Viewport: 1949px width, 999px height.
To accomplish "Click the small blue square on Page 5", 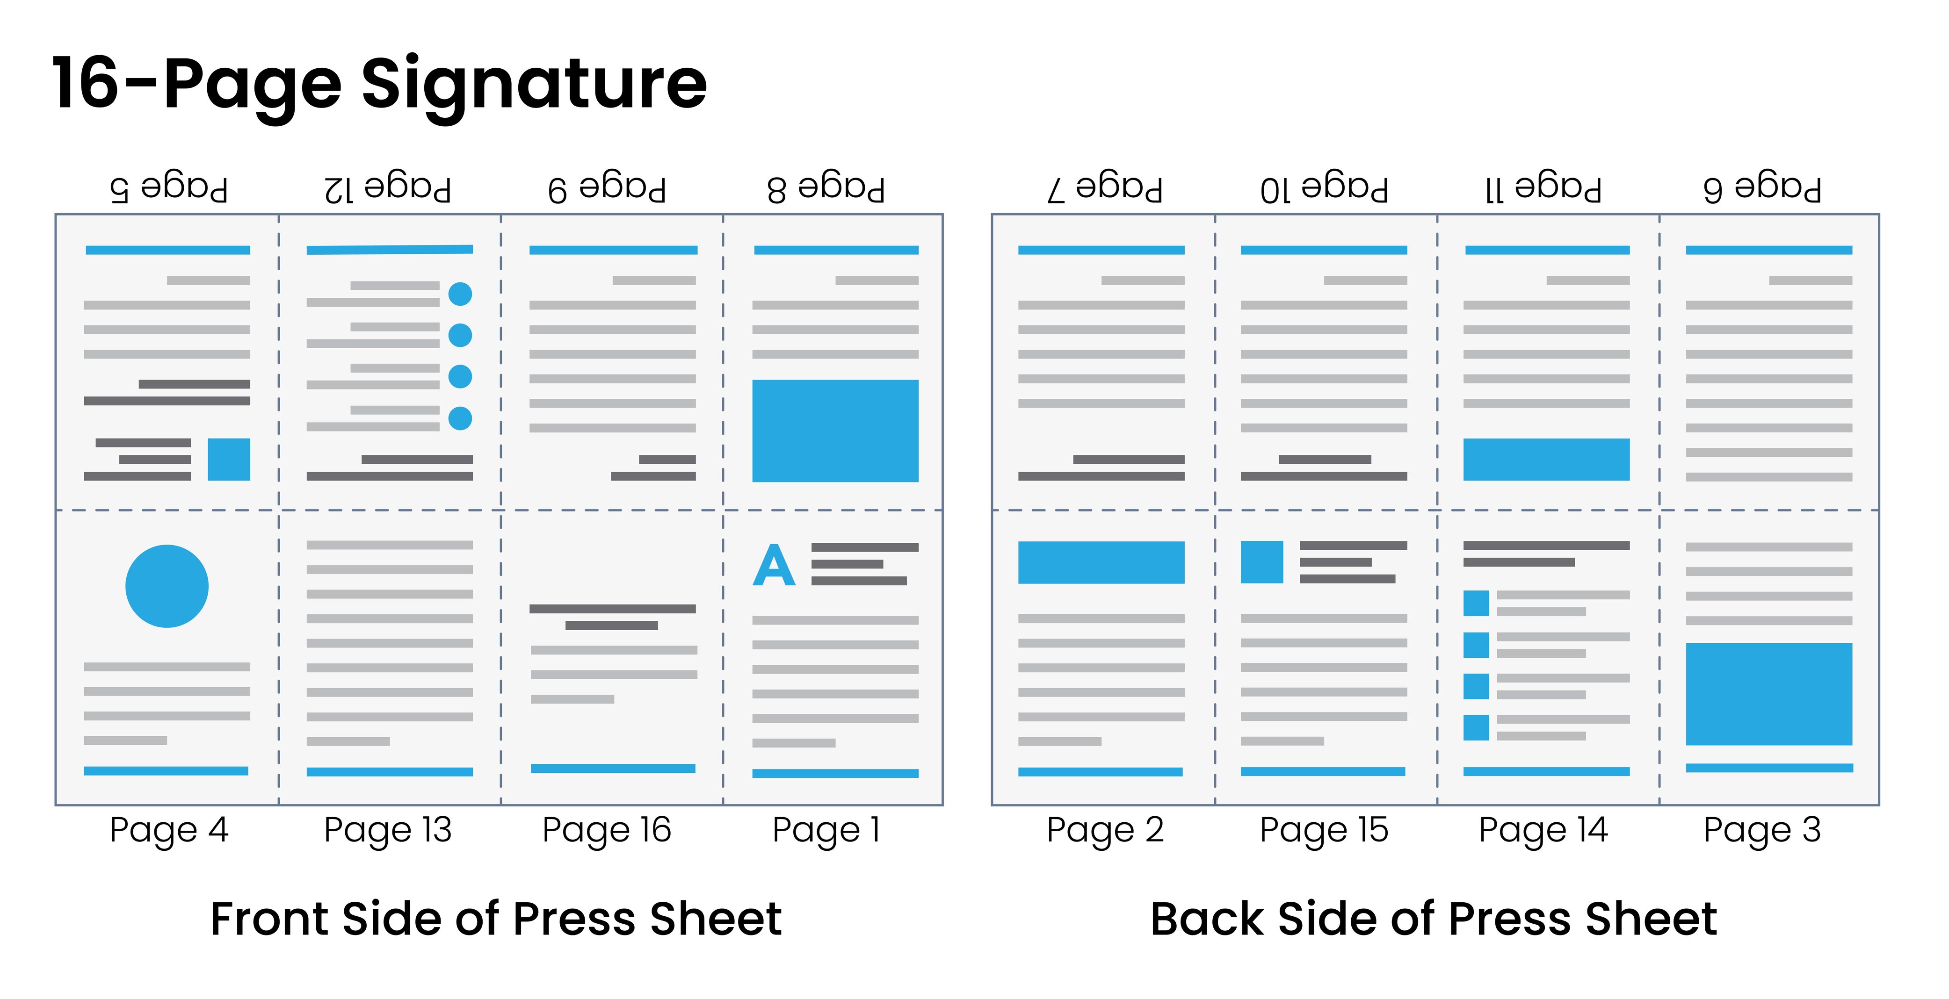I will click(229, 459).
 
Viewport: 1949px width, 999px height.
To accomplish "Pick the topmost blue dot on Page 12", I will click(460, 294).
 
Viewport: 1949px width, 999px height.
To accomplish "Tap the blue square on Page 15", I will click(1261, 562).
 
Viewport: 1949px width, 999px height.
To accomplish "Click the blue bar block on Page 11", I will click(1546, 459).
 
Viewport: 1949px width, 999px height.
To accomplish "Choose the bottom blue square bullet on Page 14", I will click(1475, 727).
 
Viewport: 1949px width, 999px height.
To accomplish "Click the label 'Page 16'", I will click(607, 830).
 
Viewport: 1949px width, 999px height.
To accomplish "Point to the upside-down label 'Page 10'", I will click(1323, 188).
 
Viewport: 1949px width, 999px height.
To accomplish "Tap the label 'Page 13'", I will click(387, 830).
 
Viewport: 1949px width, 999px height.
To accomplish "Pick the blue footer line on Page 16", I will click(613, 769).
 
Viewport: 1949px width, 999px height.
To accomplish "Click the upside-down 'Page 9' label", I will click(607, 188).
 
